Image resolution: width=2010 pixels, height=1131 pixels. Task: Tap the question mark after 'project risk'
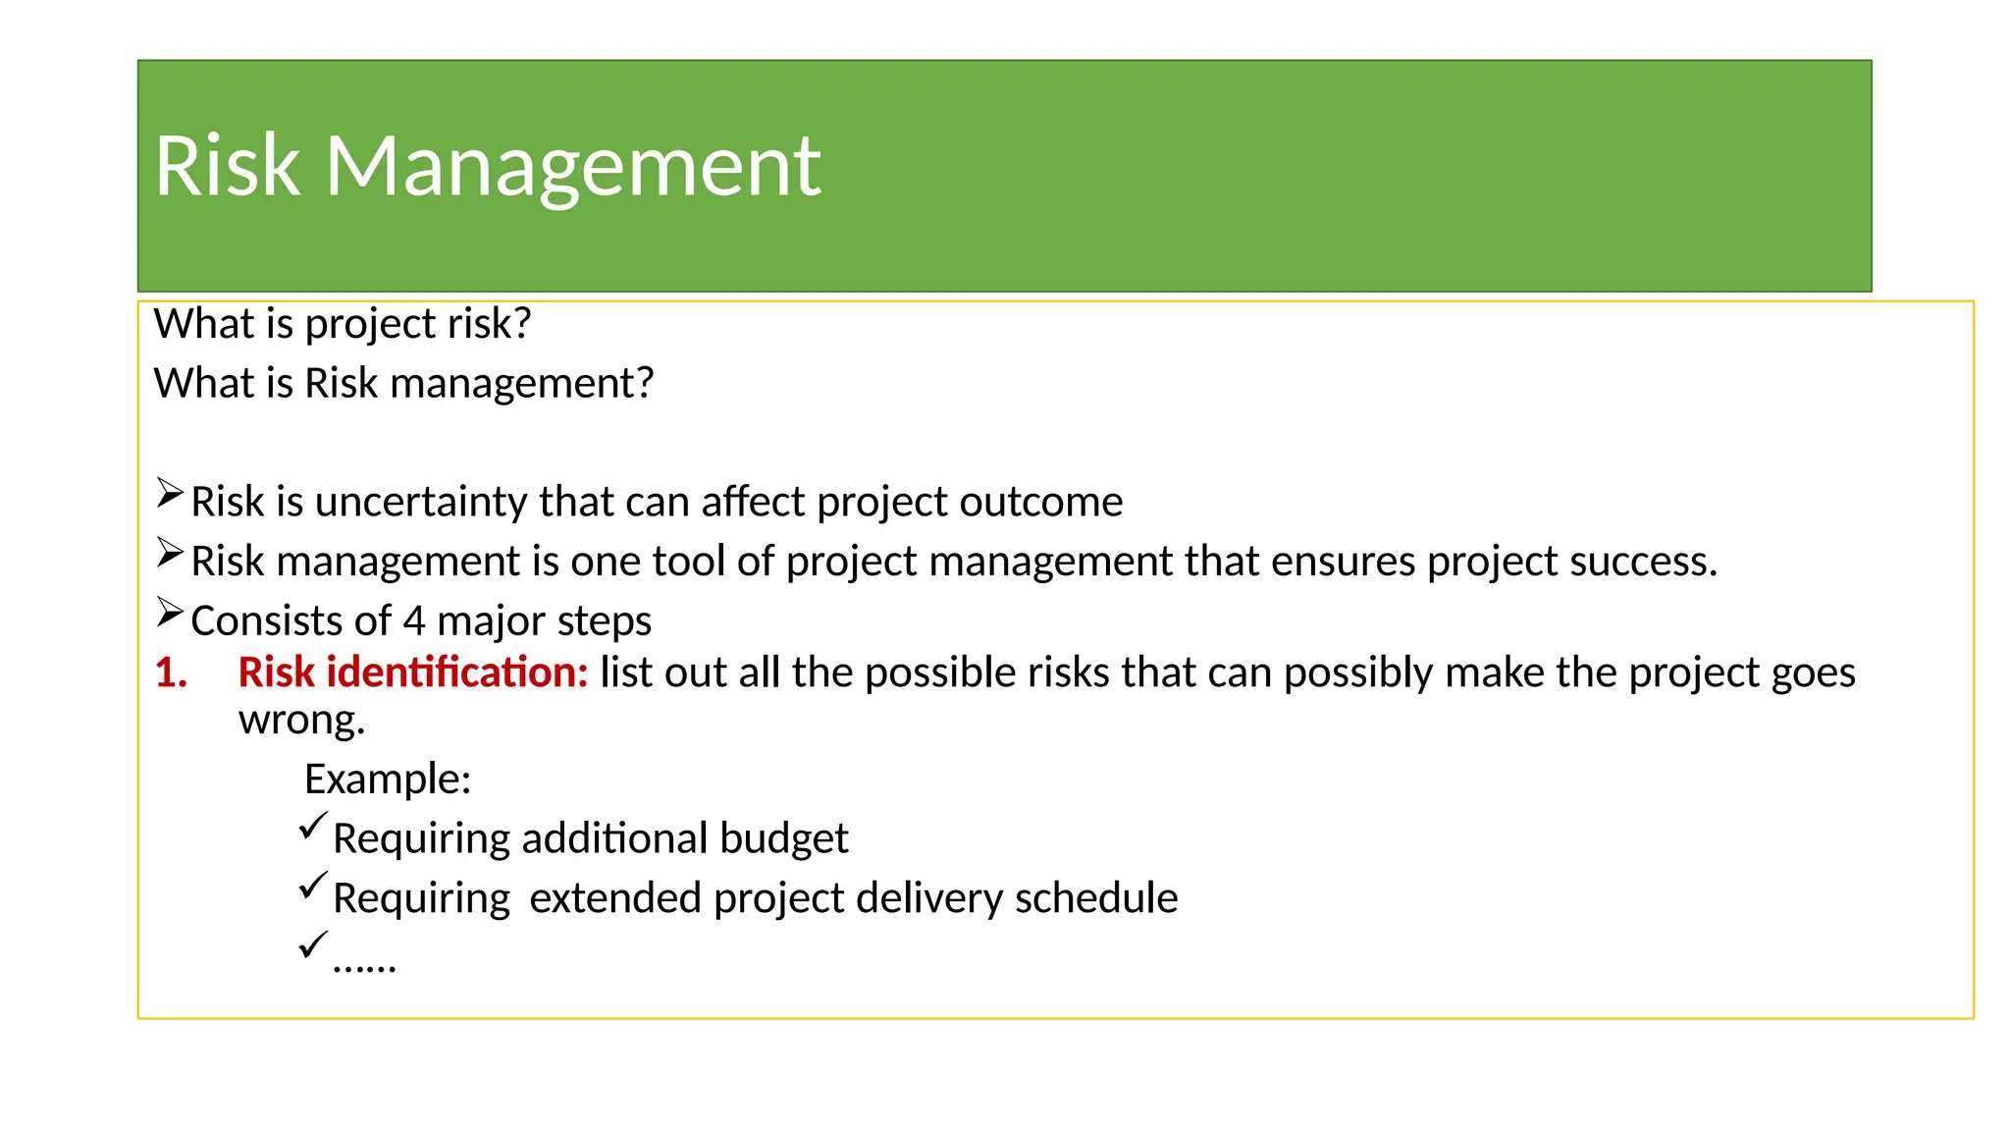click(521, 323)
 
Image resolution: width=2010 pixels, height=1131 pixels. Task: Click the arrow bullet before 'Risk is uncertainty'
click(170, 493)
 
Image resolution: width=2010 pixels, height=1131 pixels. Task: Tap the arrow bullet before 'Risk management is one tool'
click(170, 554)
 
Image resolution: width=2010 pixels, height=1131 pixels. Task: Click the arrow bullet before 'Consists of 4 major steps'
click(170, 614)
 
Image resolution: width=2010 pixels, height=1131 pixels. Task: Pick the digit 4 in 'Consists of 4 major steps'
click(414, 621)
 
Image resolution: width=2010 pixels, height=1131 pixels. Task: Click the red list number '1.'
click(171, 673)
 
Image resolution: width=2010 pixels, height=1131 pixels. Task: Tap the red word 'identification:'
click(456, 673)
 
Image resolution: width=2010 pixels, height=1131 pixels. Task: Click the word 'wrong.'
click(301, 721)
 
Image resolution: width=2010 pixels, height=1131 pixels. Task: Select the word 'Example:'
click(388, 780)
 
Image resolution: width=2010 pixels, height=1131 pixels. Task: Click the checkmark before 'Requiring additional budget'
click(312, 827)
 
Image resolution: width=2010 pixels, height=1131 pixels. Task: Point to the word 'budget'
click(783, 838)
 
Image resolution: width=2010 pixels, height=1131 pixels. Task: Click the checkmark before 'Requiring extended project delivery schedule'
click(312, 886)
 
